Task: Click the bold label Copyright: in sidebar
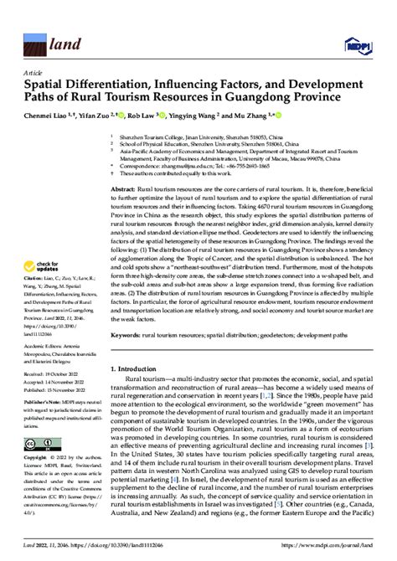click(x=37, y=459)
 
